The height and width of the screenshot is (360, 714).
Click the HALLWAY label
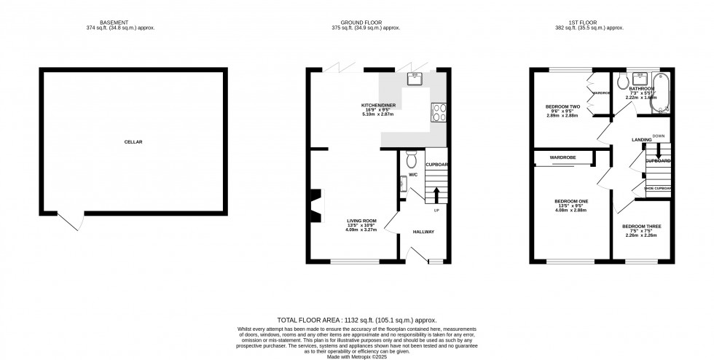tap(423, 232)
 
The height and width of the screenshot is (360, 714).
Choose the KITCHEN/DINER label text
tap(378, 105)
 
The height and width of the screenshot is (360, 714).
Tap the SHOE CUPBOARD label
tap(658, 189)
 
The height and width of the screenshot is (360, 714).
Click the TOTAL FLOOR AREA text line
tap(356, 320)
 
